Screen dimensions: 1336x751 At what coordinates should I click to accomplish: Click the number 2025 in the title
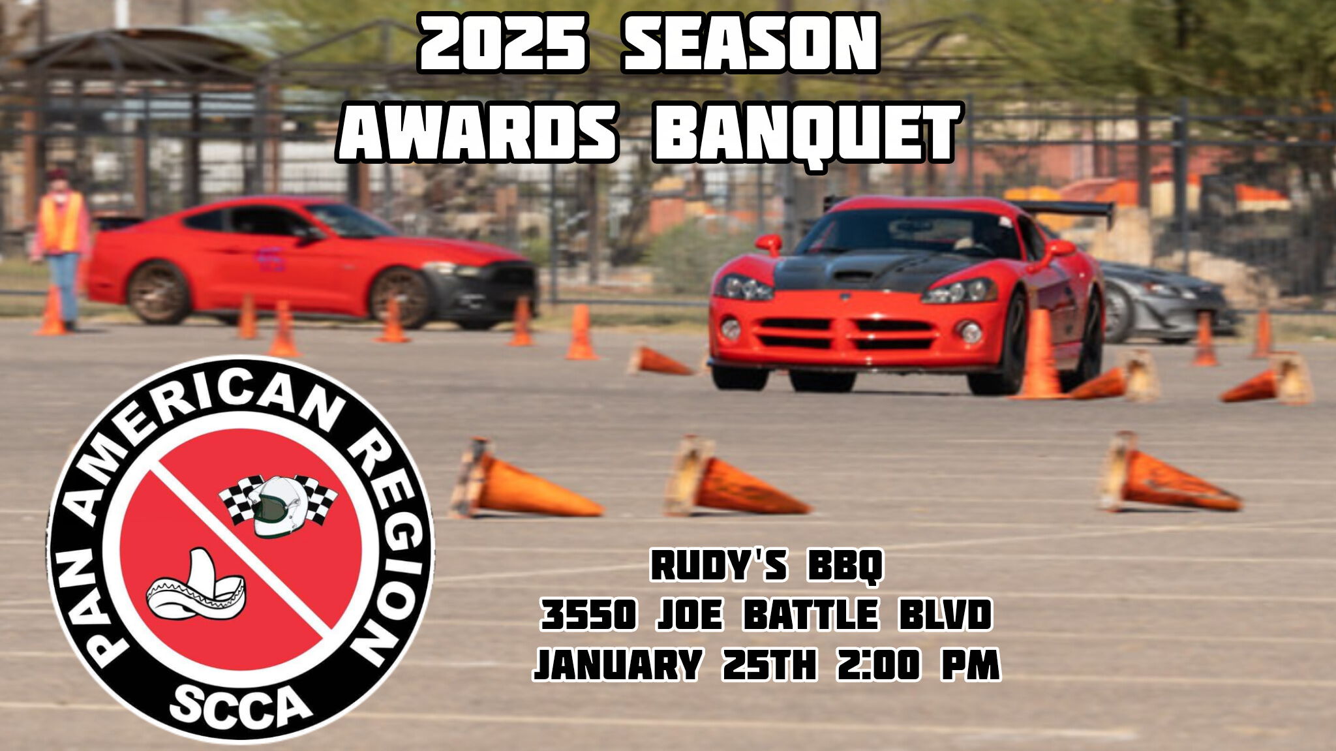[502, 43]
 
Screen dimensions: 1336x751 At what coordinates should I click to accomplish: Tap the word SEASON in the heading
[750, 43]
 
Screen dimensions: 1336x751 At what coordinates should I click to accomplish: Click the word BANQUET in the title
[806, 133]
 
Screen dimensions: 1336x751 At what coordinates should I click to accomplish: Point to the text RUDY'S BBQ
[767, 565]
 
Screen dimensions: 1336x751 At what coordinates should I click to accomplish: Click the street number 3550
[588, 615]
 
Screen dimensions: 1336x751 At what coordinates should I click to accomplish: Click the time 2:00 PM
[918, 665]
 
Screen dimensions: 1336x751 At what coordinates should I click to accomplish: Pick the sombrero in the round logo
[196, 587]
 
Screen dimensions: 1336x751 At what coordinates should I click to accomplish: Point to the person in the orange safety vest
[62, 248]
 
